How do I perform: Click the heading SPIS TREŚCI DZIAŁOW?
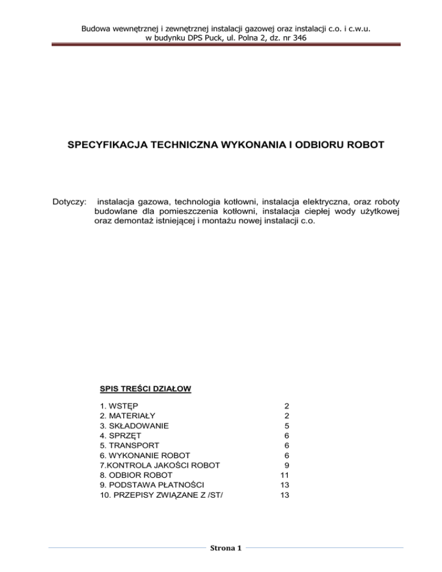pyautogui.click(x=146, y=390)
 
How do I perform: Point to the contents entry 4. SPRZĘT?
pyautogui.click(x=122, y=436)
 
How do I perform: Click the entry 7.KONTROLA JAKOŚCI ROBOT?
pyautogui.click(x=152, y=465)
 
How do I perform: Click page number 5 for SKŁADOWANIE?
pyautogui.click(x=286, y=426)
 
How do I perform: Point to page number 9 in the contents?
pyautogui.click(x=286, y=465)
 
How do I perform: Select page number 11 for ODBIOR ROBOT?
pyautogui.click(x=284, y=475)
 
